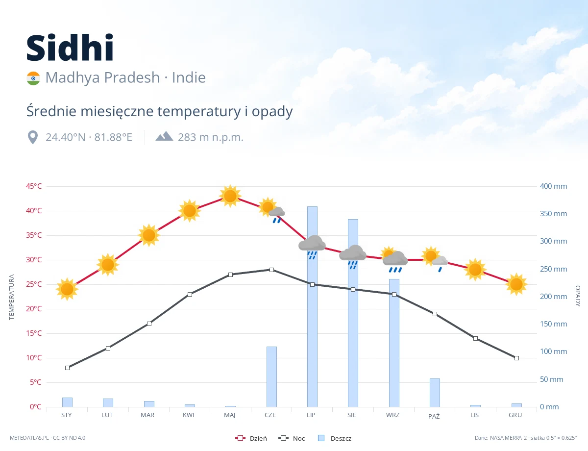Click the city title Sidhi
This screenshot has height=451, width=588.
tap(70, 48)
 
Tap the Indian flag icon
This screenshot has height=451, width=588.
tap(33, 78)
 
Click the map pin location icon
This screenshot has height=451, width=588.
tap(33, 137)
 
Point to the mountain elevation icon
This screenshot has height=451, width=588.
tap(164, 136)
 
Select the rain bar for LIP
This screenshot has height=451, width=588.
tap(312, 306)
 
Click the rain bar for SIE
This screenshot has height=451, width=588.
tap(353, 313)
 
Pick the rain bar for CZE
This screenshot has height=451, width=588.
tap(271, 376)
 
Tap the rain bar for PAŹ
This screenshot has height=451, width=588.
tap(435, 393)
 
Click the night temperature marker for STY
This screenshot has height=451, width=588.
tap(68, 368)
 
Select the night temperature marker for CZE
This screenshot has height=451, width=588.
tap(271, 270)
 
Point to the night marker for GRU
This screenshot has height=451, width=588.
tap(516, 358)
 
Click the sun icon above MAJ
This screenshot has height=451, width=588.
tap(230, 196)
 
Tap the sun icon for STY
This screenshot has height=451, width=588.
tap(67, 289)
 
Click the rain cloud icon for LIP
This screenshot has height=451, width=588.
tap(312, 247)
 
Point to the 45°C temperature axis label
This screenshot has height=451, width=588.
tap(34, 186)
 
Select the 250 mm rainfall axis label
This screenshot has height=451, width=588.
tap(553, 269)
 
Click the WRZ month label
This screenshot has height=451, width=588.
tap(392, 415)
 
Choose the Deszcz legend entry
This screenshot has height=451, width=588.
tap(335, 438)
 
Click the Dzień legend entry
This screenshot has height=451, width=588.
tap(251, 438)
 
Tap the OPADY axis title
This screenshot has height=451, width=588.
tap(578, 296)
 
